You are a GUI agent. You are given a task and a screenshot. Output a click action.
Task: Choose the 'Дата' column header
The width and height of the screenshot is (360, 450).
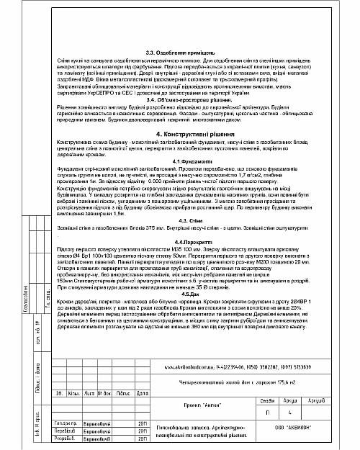pos(143,393)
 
